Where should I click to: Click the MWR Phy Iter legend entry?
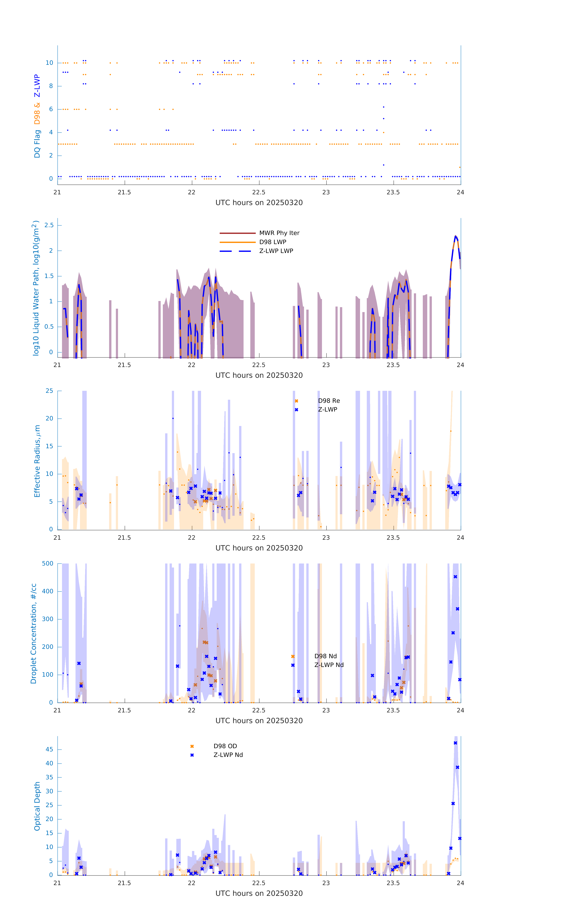[x=279, y=233]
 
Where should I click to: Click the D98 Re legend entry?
[x=329, y=401]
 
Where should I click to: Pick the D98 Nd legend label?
[x=325, y=656]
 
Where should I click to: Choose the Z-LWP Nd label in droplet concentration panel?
[x=329, y=665]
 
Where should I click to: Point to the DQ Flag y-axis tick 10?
[x=49, y=63]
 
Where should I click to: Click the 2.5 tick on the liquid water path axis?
[x=49, y=225]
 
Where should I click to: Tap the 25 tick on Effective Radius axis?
[x=49, y=391]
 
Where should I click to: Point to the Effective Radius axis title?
[x=37, y=461]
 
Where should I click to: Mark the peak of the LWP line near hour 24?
[x=455, y=236]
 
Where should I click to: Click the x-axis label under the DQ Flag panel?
[x=259, y=203]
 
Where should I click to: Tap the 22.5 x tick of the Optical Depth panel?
[x=259, y=883]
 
